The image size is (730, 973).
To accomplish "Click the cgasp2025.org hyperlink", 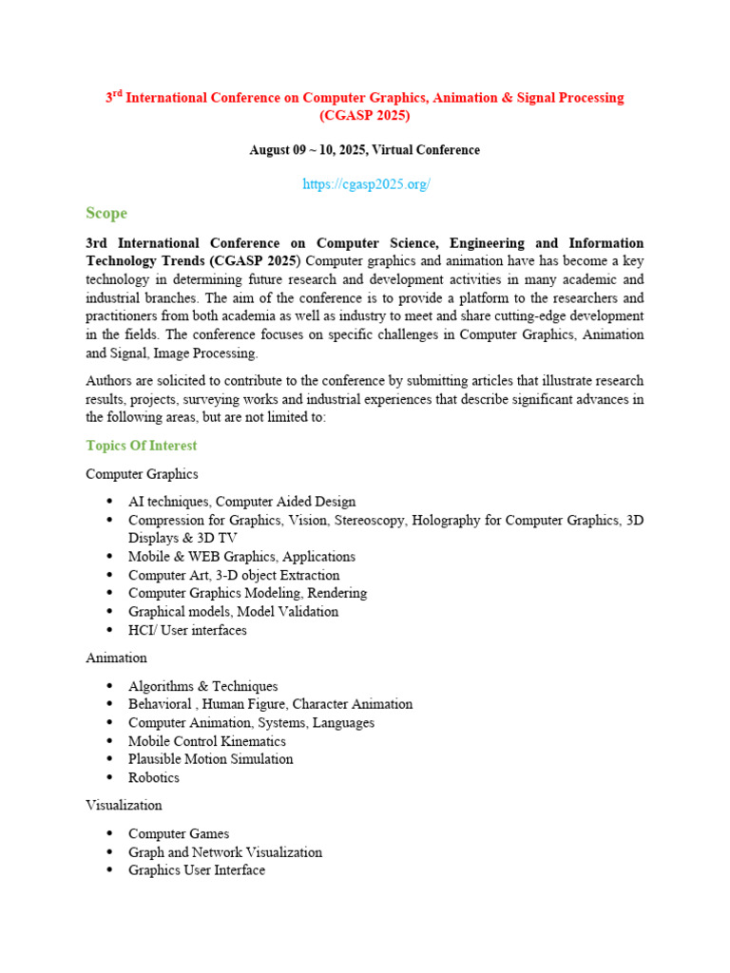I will click(x=366, y=184).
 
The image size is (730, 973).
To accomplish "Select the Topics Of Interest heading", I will click(x=142, y=446).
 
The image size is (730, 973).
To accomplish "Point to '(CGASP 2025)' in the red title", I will click(x=365, y=116).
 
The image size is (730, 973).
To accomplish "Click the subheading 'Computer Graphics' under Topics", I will click(x=142, y=473).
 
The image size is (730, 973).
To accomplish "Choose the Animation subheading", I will click(x=116, y=658).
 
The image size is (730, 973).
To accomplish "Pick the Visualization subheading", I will click(x=124, y=805).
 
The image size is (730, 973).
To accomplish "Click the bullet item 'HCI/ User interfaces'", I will click(x=187, y=630).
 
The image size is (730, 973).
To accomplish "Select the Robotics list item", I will click(x=154, y=777).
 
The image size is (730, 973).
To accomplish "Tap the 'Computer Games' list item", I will click(x=179, y=833).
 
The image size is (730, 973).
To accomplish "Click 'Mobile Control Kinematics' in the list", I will click(x=207, y=741).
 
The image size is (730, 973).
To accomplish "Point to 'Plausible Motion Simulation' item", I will click(x=211, y=759).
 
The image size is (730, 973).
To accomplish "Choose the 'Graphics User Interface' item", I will click(x=197, y=870).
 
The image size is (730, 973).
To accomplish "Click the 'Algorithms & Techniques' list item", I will click(x=203, y=686).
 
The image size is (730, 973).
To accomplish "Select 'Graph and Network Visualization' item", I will click(x=225, y=852).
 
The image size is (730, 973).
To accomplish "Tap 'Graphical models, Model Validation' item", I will click(x=233, y=612).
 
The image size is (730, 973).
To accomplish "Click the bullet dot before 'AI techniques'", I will click(x=111, y=502).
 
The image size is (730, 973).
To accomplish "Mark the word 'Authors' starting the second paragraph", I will click(x=108, y=381).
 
